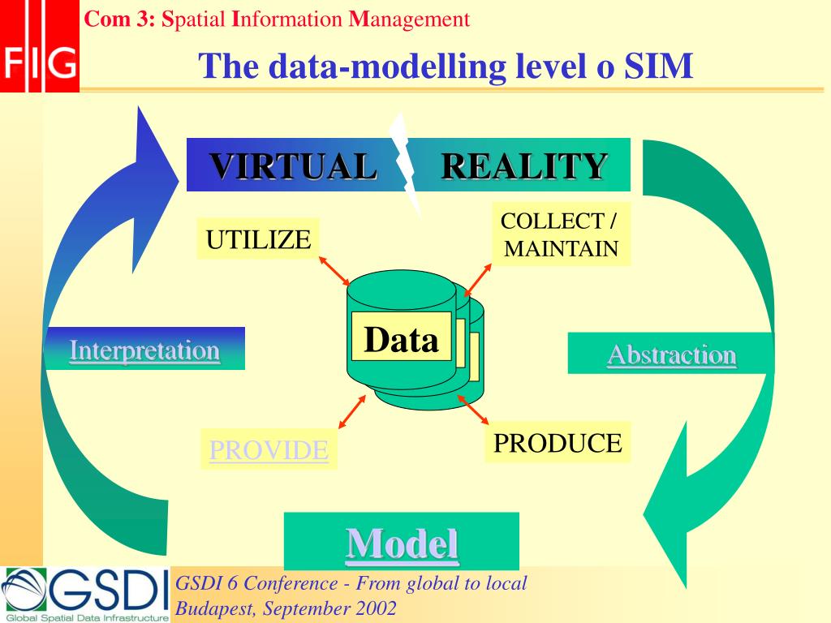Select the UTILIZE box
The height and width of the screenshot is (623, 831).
point(258,239)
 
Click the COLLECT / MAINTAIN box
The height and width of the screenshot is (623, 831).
point(561,234)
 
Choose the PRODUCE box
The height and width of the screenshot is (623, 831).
point(558,443)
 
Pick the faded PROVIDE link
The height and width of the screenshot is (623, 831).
point(269,450)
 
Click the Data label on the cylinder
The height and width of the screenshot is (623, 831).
point(401,339)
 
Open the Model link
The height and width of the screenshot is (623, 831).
point(402,543)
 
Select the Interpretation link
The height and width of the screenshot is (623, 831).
point(144,350)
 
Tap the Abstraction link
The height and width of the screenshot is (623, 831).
point(672,354)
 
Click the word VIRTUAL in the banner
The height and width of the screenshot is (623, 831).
point(294,166)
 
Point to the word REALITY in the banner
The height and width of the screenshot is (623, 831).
point(524,166)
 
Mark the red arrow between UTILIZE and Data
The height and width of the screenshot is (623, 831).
point(334,271)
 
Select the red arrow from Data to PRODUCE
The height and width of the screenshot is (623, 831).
point(473,410)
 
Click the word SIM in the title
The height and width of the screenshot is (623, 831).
point(658,66)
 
